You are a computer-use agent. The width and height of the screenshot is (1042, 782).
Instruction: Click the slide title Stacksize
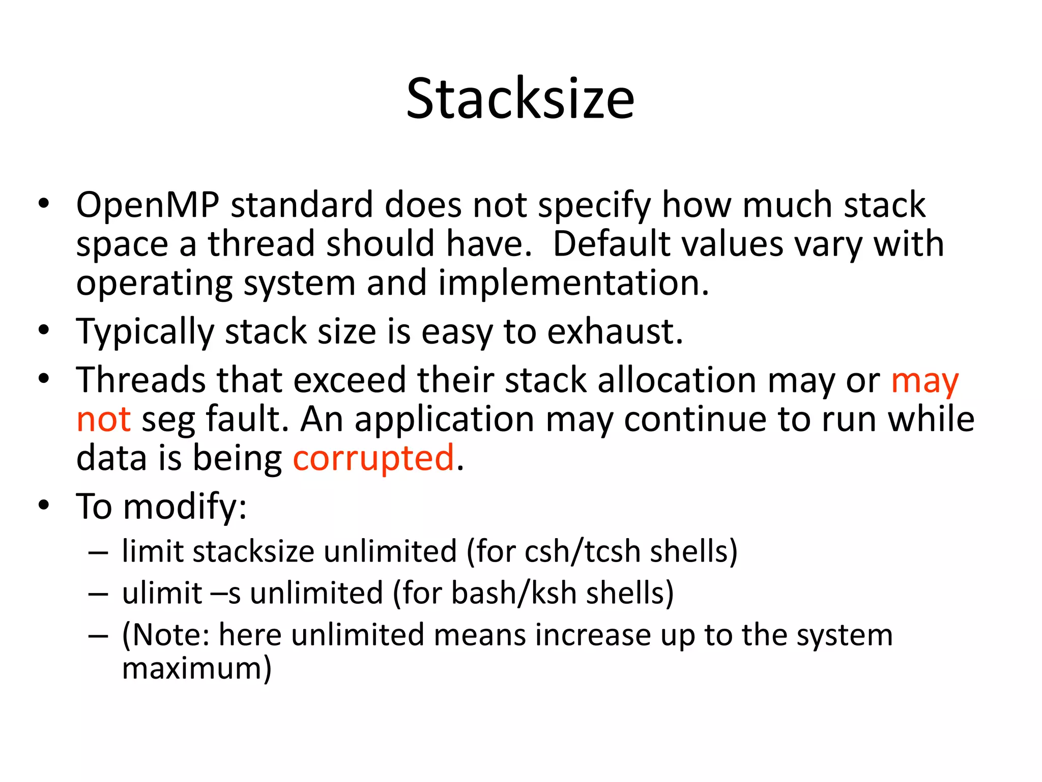pyautogui.click(x=520, y=99)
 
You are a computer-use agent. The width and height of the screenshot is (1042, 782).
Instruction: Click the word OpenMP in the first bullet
pyautogui.click(x=148, y=205)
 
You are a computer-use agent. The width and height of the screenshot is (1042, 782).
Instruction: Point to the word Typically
pyautogui.click(x=145, y=332)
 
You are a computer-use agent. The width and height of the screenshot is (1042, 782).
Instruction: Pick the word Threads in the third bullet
pyautogui.click(x=141, y=380)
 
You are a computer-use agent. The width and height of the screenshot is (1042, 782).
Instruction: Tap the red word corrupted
pyautogui.click(x=373, y=458)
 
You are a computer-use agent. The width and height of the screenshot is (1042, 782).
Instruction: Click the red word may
pyautogui.click(x=924, y=381)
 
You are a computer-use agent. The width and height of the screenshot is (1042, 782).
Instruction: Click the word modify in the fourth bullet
pyautogui.click(x=184, y=507)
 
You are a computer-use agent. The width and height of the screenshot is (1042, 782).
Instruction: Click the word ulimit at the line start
pyautogui.click(x=162, y=593)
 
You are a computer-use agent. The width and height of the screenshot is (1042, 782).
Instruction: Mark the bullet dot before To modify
pyautogui.click(x=44, y=506)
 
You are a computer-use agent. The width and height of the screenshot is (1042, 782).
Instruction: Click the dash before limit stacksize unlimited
pyautogui.click(x=98, y=552)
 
